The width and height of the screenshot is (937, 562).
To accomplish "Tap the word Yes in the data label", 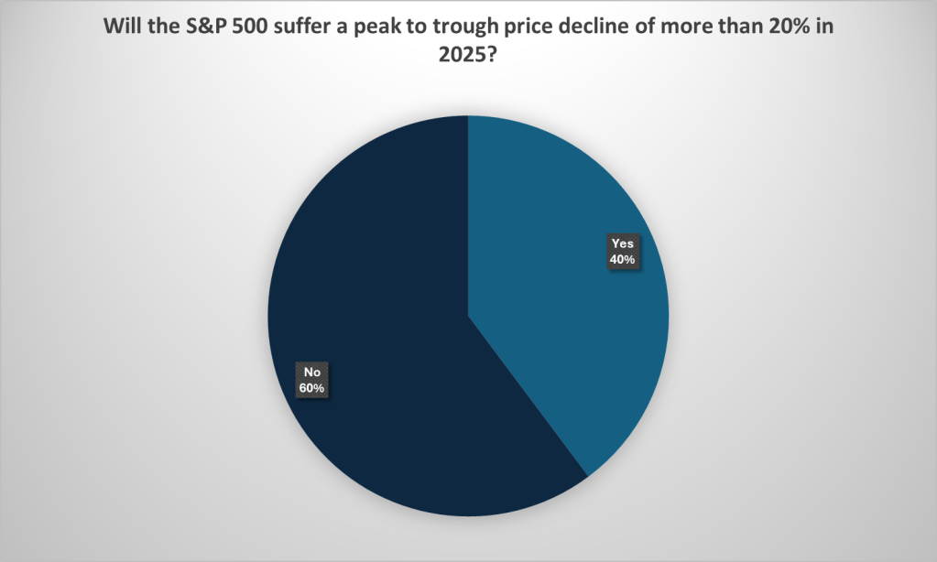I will point(623,244).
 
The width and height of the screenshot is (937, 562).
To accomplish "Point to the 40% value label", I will point(623,259).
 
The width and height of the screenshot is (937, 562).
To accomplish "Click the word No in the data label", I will point(311,373).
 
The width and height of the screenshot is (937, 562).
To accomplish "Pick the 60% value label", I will point(311,387).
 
